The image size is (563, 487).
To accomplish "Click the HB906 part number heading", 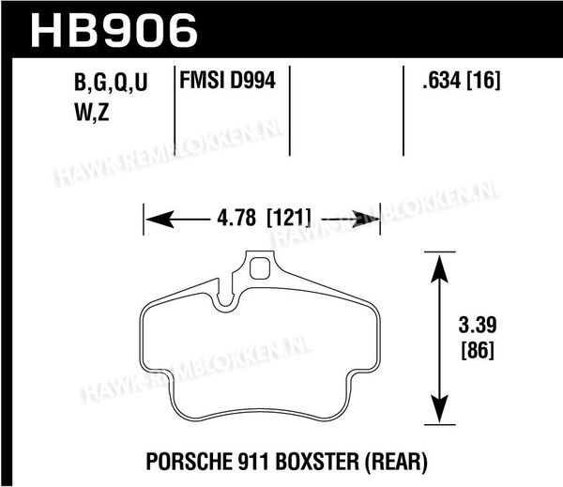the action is (x=114, y=30).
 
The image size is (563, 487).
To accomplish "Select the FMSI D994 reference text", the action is (x=227, y=80).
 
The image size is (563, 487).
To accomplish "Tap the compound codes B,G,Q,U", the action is (x=111, y=83).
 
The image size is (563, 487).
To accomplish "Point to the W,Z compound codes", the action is (x=92, y=114).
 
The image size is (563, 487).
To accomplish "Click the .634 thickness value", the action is (x=442, y=80).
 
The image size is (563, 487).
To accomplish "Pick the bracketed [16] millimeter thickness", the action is (x=483, y=80).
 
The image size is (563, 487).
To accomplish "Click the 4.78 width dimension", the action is (x=236, y=218).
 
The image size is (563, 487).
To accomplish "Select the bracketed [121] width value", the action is (x=289, y=218).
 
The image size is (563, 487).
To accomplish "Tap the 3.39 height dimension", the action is (x=478, y=325).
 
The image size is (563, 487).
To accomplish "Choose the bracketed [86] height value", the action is (x=478, y=350).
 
